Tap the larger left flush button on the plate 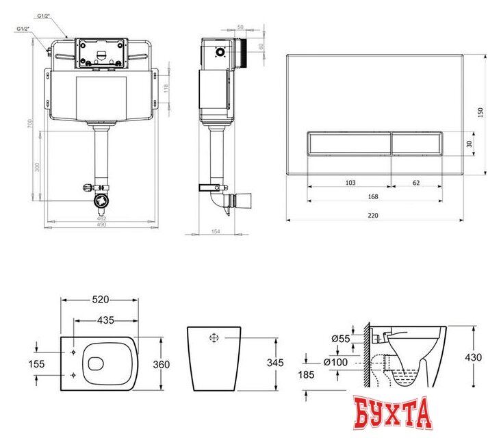pyautogui.click(x=348, y=144)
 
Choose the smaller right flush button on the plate pyautogui.click(x=415, y=144)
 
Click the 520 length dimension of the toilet pyautogui.click(x=101, y=300)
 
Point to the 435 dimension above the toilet pyautogui.click(x=107, y=320)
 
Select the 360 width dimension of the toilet pyautogui.click(x=162, y=365)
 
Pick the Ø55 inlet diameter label pyautogui.click(x=341, y=338)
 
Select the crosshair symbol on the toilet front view pyautogui.click(x=213, y=338)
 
